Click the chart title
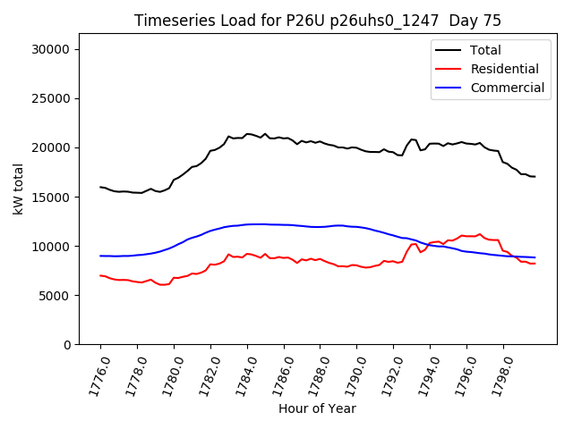point(318,21)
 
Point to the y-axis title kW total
point(19,189)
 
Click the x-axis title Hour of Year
point(317,408)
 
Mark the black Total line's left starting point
point(100,187)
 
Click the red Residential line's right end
point(535,264)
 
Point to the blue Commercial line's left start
point(100,256)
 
